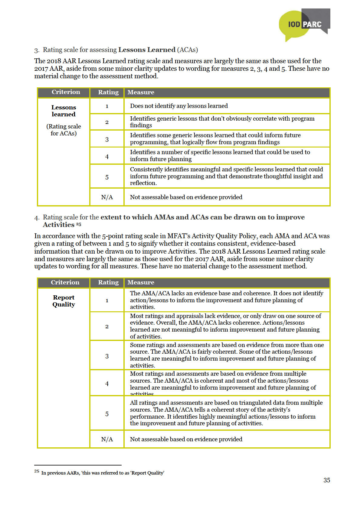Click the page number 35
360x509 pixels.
[326, 480]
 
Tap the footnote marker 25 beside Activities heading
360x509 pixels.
[79, 224]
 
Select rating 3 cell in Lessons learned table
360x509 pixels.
[107, 139]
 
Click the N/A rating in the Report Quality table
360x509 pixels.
[107, 439]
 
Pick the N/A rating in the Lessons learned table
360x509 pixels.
[107, 197]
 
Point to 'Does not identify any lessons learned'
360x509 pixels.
[179, 106]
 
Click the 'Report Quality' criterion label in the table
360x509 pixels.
[64, 301]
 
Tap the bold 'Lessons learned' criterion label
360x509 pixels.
[64, 111]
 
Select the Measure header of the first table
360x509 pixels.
[141, 92]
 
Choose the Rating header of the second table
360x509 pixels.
[108, 282]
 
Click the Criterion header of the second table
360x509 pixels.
[65, 282]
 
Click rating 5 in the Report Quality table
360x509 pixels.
[107, 414]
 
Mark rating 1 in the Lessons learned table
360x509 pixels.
[107, 106]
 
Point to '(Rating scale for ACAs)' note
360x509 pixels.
[64, 130]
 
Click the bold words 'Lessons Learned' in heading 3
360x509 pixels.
[147, 50]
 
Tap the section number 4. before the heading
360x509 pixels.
[37, 218]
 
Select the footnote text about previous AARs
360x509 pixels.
[103, 473]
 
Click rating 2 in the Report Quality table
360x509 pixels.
[107, 326]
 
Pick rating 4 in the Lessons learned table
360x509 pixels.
[107, 157]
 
